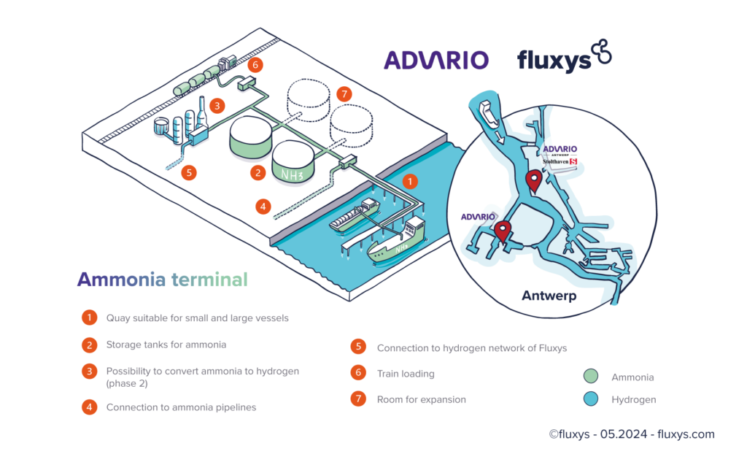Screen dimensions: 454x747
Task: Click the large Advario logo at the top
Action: pyautogui.click(x=436, y=59)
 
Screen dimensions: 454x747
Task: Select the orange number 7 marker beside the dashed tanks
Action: pyautogui.click(x=345, y=94)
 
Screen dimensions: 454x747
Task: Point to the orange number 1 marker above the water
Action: pyautogui.click(x=411, y=179)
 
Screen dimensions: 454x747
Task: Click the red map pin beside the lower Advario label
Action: pyautogui.click(x=502, y=231)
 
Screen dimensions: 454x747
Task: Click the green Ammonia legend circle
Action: pyautogui.click(x=592, y=377)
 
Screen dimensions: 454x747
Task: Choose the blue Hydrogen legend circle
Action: pyautogui.click(x=592, y=399)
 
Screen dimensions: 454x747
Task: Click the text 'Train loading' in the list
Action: pyautogui.click(x=405, y=374)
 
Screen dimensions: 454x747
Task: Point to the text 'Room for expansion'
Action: pyautogui.click(x=421, y=399)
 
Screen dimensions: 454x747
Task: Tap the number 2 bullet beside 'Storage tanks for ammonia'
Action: pyautogui.click(x=89, y=345)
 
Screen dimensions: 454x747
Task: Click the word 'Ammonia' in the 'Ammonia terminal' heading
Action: pyautogui.click(x=121, y=280)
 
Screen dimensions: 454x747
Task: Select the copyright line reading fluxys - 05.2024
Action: pyautogui.click(x=632, y=434)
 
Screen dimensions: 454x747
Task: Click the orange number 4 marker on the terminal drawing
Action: pyautogui.click(x=263, y=207)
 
